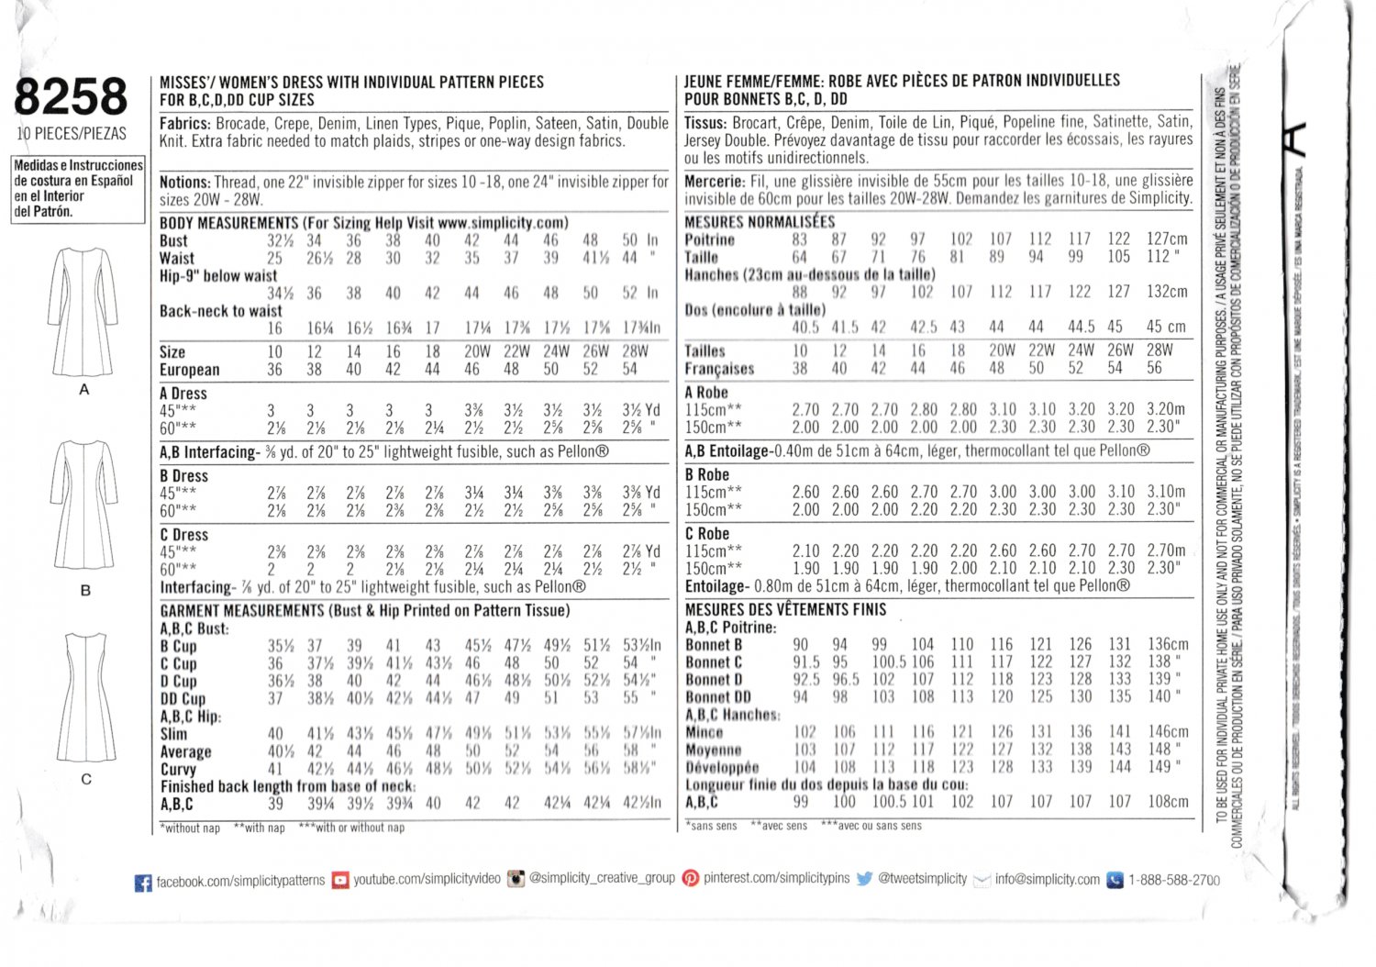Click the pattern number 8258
(71, 97)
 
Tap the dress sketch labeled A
(83, 312)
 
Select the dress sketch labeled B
(83, 505)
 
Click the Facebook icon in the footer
(143, 883)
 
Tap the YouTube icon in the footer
(340, 880)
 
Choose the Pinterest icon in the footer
(690, 878)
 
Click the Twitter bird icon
(864, 879)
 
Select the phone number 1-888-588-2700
(1174, 880)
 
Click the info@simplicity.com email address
(1047, 879)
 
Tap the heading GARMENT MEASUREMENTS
(242, 611)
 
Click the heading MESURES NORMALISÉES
(760, 222)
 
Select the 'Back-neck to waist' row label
(221, 311)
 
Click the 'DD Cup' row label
(183, 699)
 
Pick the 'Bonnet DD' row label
(718, 697)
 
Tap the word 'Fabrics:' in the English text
(185, 124)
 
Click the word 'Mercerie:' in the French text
(715, 182)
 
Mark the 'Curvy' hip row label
(178, 770)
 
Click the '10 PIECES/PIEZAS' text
(72, 134)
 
